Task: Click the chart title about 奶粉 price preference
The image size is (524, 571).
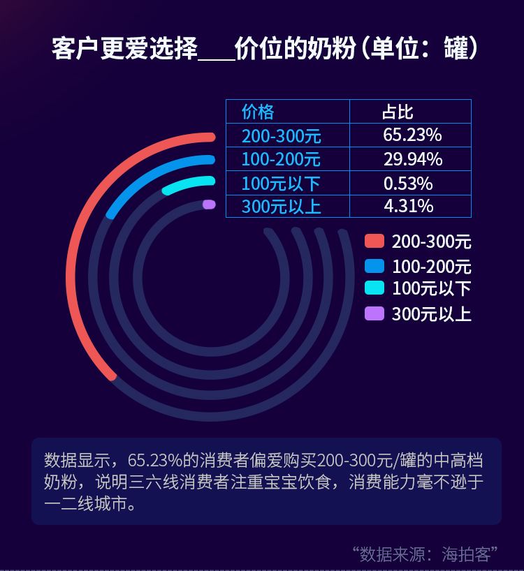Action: point(265,50)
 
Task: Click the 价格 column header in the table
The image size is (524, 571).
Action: point(258,112)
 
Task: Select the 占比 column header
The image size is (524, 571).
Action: point(398,112)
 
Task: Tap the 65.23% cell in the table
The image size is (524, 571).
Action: point(412,135)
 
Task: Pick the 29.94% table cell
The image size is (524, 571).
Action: point(412,159)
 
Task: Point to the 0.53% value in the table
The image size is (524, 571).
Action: point(408,184)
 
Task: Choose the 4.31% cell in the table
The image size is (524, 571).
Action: point(408,206)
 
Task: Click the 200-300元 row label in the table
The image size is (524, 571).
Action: point(281,135)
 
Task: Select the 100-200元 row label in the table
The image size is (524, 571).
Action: point(281,159)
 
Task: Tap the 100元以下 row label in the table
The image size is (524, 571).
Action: point(281,184)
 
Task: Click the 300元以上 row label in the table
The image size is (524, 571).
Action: point(281,207)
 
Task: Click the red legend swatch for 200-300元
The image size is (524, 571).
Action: point(374,242)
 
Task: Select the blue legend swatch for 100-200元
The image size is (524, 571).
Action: point(374,266)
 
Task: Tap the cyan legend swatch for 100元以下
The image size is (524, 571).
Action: point(374,288)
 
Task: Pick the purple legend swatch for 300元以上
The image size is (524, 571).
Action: point(374,313)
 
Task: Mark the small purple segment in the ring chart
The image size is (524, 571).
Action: point(208,205)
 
